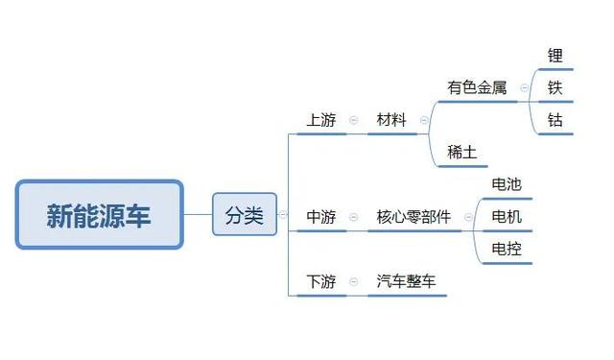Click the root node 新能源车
tap(99, 214)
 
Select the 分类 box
tap(244, 215)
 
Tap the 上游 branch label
tap(321, 120)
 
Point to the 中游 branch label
tap(321, 217)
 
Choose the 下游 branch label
tap(321, 281)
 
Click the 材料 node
tap(391, 120)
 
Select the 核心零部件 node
tap(413, 217)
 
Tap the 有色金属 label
tap(477, 87)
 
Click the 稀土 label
tap(462, 152)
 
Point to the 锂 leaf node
tap(555, 56)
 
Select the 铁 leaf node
tap(555, 87)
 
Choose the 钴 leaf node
tap(555, 120)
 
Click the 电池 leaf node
tap(507, 184)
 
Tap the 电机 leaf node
tap(507, 217)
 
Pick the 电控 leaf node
tap(507, 249)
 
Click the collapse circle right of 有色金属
tap(524, 87)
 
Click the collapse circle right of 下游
tap(353, 281)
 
